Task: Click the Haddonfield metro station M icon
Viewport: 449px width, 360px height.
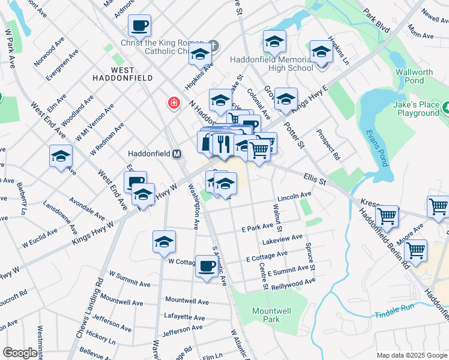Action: [x=177, y=154]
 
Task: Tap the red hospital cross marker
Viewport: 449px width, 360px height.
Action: [x=174, y=103]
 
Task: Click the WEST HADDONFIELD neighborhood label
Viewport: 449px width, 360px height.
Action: [x=122, y=78]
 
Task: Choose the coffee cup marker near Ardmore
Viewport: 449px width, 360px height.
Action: [x=139, y=26]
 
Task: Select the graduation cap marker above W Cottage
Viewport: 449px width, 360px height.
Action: [x=164, y=242]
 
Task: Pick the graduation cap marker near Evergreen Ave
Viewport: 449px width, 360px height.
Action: [x=61, y=157]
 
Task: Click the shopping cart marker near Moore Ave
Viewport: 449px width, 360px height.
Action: [x=415, y=250]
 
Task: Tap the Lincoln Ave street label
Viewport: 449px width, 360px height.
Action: [x=294, y=196]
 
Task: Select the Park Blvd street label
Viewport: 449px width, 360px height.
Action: [x=376, y=20]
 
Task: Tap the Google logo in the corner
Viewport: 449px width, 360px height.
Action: [x=20, y=353]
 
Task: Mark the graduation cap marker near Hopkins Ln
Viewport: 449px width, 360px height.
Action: [x=321, y=52]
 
